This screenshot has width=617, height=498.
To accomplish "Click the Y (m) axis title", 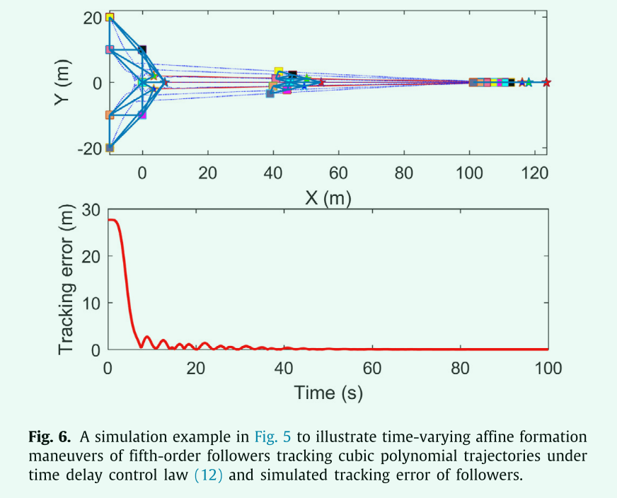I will coord(64,83).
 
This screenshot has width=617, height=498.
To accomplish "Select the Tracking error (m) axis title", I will coord(67,279).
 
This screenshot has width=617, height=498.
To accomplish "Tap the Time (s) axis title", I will coord(328,392).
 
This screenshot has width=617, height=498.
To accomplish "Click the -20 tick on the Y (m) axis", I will coord(90,148).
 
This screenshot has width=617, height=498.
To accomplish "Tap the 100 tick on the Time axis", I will coord(548,368).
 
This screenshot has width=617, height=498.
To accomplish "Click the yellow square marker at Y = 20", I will coord(110,18).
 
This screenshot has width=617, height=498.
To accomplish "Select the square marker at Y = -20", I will coord(110,148).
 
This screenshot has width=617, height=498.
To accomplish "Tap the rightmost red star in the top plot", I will coord(546,83).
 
